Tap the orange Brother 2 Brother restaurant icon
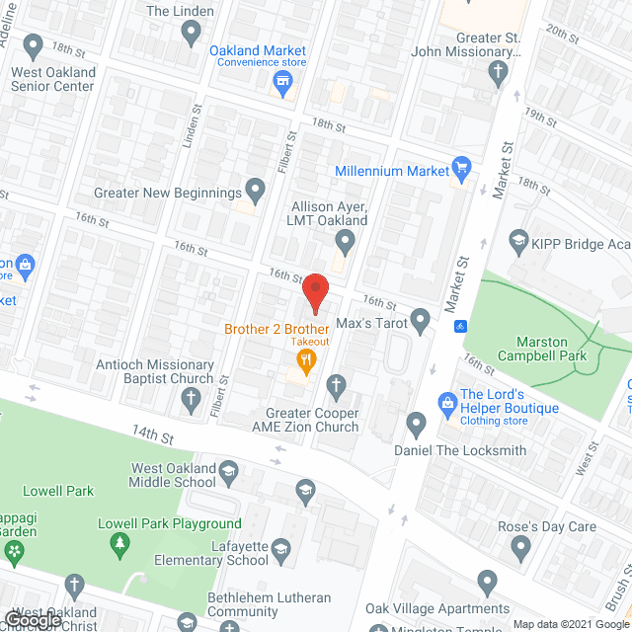coord(306,362)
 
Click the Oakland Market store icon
coord(284,83)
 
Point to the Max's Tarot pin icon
coord(421,319)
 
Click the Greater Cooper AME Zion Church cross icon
coord(336,385)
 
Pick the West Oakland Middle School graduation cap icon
coord(229,469)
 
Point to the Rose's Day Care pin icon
coord(523,547)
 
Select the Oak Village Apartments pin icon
coord(486,583)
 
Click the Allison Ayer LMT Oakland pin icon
coord(345,240)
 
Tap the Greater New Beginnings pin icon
coord(256,189)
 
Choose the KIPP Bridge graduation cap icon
coord(518,239)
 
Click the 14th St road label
coord(154,432)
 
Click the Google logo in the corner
coord(32,620)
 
